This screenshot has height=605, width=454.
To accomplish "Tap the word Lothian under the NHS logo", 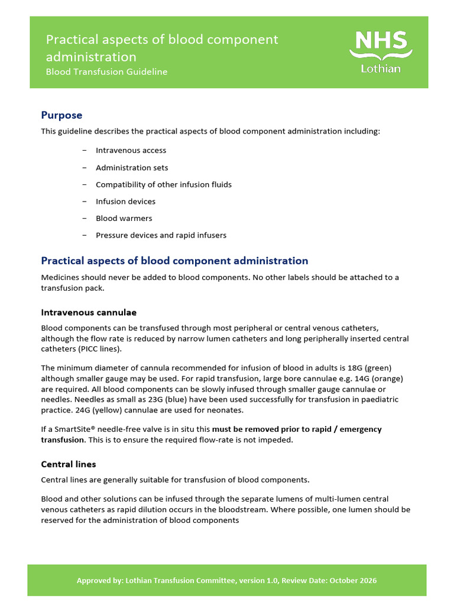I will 381,69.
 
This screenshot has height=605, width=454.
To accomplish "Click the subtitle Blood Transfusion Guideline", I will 106,72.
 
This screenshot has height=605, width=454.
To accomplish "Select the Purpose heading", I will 61,115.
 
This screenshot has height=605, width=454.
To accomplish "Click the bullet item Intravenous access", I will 131,151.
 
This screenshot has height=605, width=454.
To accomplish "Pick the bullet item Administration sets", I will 132,168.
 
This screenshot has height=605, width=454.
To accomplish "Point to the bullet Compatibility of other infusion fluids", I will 163,185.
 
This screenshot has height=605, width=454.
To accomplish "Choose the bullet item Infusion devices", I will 125,201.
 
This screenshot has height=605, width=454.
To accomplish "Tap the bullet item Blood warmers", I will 124,219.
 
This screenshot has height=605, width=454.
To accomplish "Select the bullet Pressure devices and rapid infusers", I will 161,236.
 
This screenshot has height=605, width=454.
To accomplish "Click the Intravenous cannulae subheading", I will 89,312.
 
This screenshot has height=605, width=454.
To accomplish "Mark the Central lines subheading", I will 68,464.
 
